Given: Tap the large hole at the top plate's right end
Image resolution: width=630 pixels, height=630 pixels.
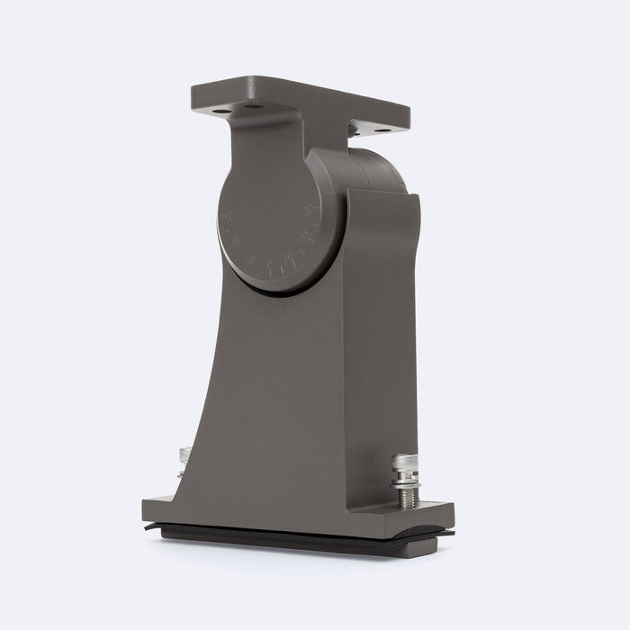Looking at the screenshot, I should point(383,130).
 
